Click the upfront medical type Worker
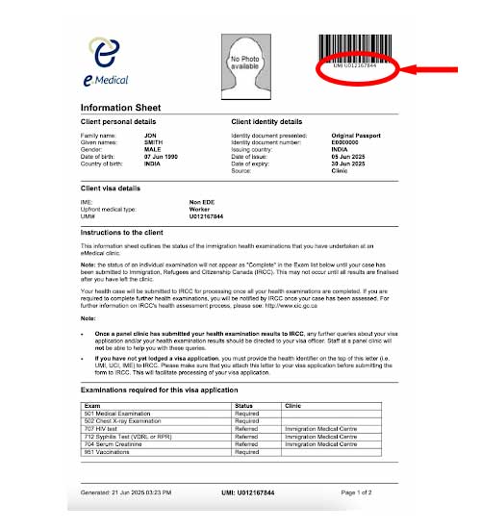[x=200, y=210]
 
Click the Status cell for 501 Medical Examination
[x=247, y=413]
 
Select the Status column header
[x=246, y=406]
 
